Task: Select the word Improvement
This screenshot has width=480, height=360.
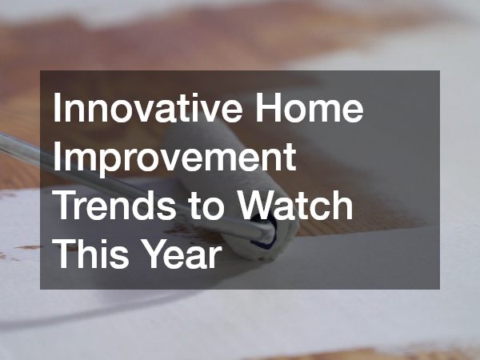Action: coord(174,160)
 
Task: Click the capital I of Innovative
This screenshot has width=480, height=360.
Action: coord(58,110)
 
